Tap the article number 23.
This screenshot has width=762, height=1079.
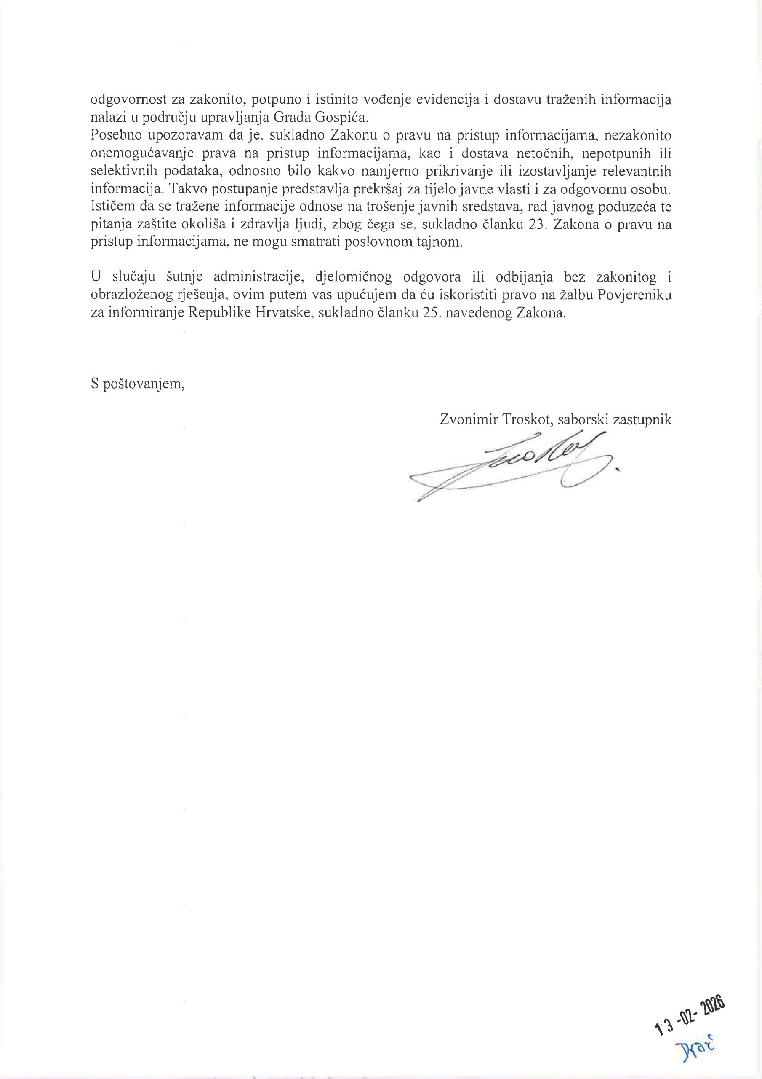[x=536, y=224]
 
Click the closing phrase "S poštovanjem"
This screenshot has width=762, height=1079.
[x=137, y=384]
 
